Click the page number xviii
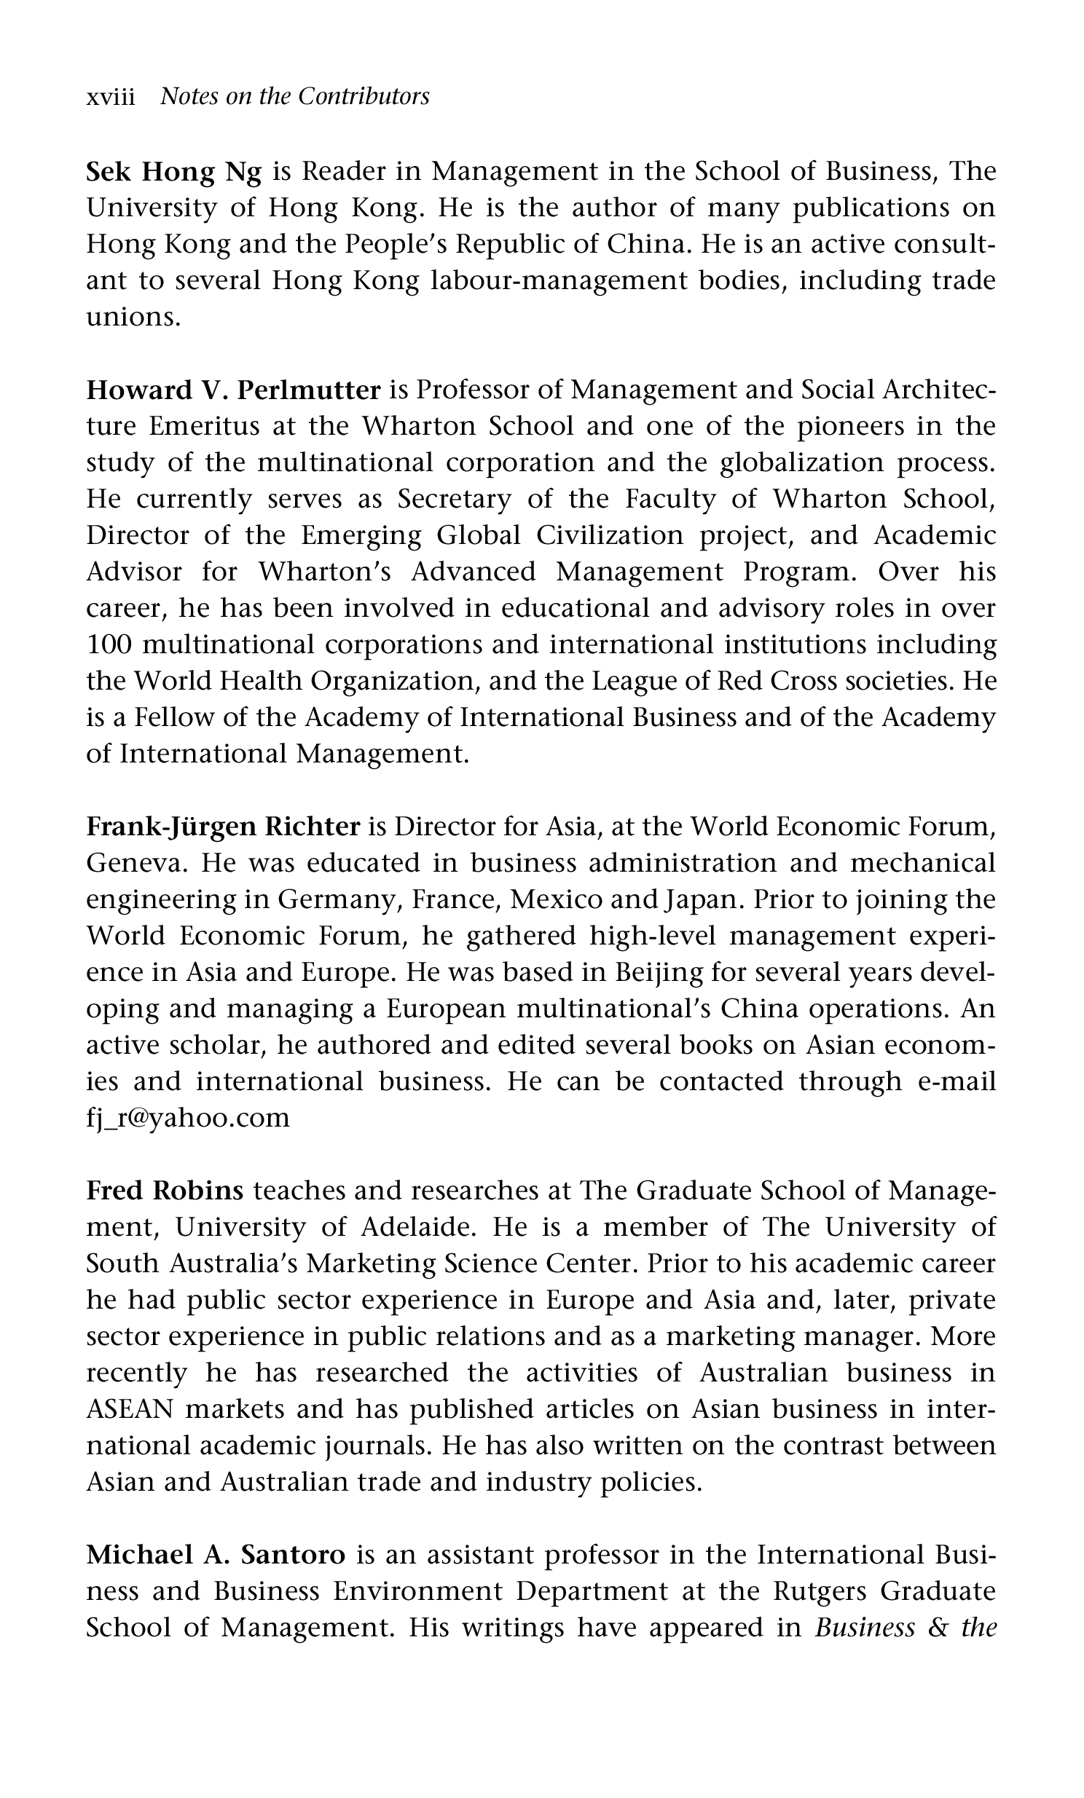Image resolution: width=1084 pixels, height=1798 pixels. pyautogui.click(x=110, y=97)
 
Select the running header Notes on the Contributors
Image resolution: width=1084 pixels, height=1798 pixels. pyautogui.click(x=294, y=96)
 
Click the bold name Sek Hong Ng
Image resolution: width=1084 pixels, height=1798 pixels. pyautogui.click(x=173, y=172)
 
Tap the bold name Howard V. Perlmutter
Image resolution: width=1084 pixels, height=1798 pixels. pyautogui.click(x=234, y=390)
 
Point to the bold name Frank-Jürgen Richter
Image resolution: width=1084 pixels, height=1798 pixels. pyautogui.click(x=224, y=827)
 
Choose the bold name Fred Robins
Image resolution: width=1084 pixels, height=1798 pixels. pyautogui.click(x=164, y=1191)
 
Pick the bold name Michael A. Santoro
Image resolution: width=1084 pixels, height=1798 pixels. pyautogui.click(x=216, y=1555)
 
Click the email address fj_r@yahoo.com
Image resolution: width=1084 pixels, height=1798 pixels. pyautogui.click(x=188, y=1118)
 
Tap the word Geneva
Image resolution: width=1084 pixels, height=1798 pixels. pyautogui.click(x=136, y=863)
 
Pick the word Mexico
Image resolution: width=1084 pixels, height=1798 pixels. pyautogui.click(x=557, y=900)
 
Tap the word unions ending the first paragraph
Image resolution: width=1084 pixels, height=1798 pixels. pyautogui.click(x=133, y=318)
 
